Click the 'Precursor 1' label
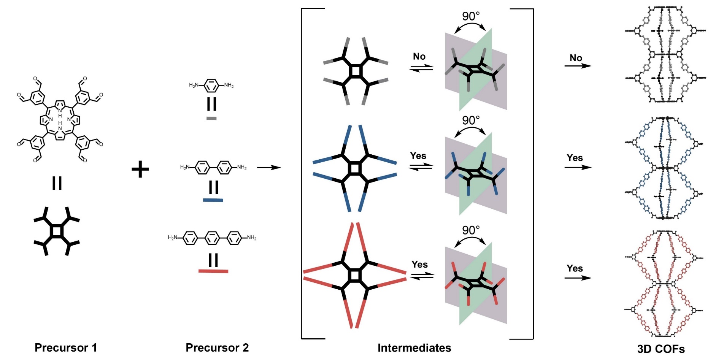pos(65,347)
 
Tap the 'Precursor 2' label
pos(217,347)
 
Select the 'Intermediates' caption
pos(414,347)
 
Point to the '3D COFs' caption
pos(661,349)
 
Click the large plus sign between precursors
pos(140,170)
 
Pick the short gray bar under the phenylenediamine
pos(211,118)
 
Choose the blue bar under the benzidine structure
pos(213,200)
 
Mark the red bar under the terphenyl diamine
pos(213,271)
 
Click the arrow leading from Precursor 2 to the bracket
pos(269,167)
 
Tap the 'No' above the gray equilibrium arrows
pos(419,57)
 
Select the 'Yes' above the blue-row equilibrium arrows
pos(418,156)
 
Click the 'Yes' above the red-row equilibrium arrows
pos(419,265)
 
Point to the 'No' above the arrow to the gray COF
pos(576,58)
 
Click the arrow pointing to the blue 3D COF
pos(578,167)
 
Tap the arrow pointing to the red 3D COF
pos(578,278)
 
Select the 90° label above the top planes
pos(471,16)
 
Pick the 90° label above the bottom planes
pos(471,230)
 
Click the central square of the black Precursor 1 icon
pos(56,231)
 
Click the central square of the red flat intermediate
pos(354,275)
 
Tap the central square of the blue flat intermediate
pos(354,168)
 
